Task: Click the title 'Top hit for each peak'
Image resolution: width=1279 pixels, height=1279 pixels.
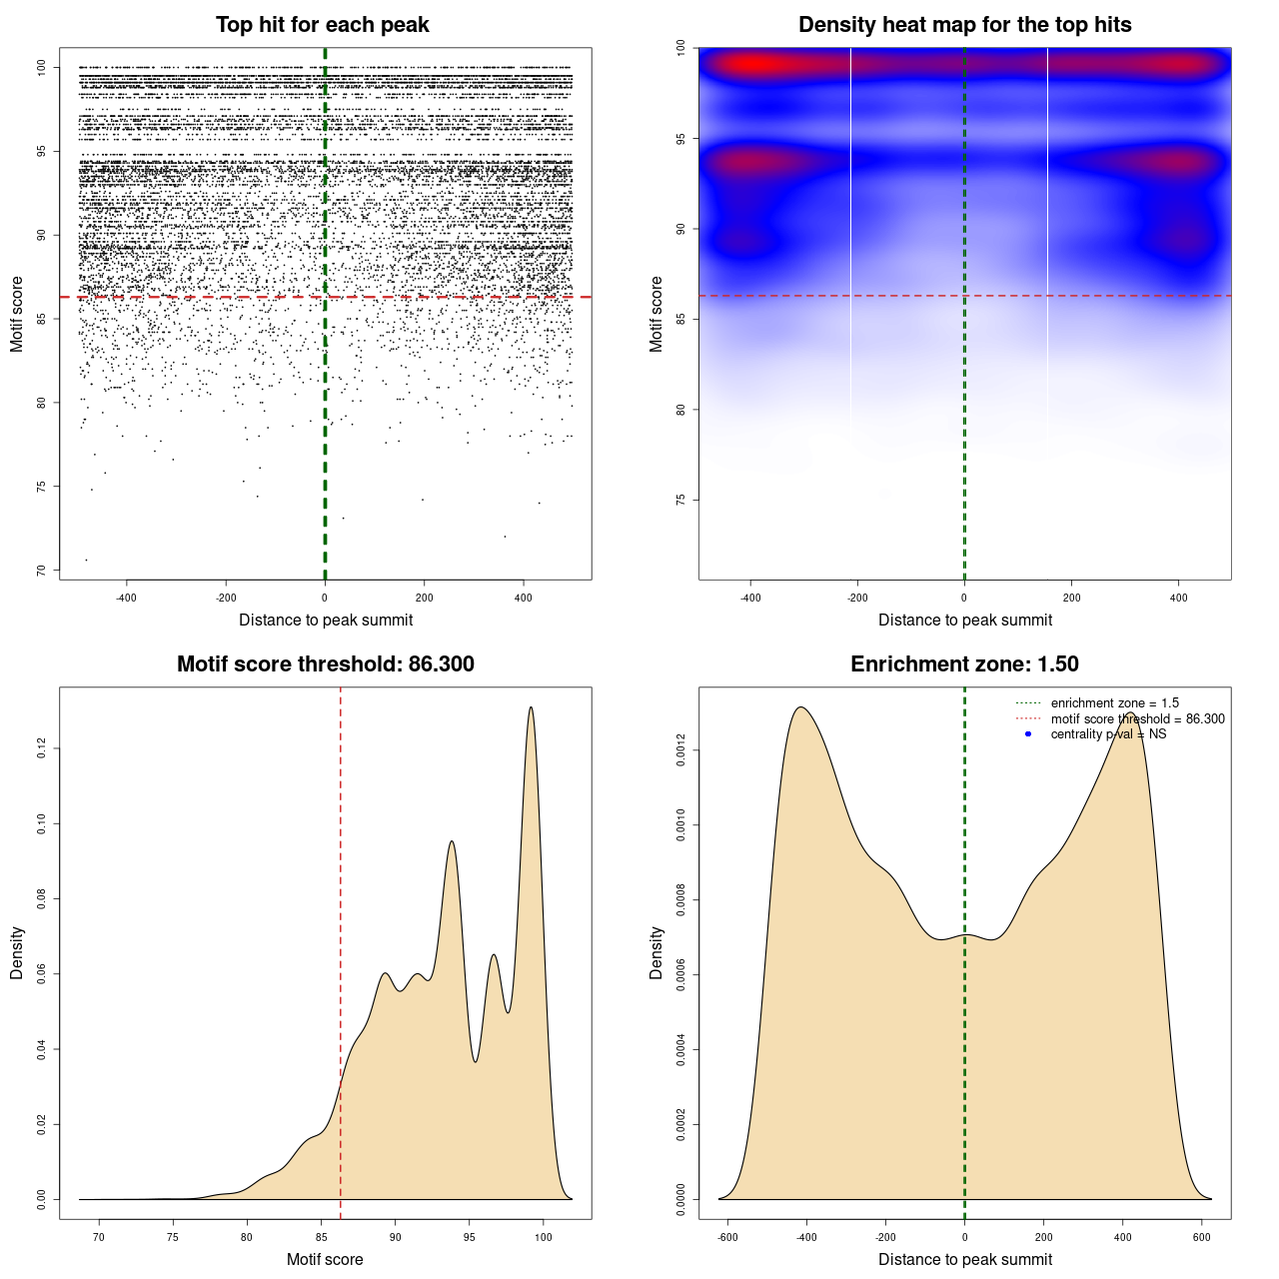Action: tap(323, 25)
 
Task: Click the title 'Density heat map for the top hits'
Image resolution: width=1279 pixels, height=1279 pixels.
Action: tap(964, 25)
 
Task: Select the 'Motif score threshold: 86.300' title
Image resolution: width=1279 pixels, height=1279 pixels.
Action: tap(325, 664)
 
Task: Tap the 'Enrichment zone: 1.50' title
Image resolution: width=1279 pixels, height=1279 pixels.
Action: tap(964, 664)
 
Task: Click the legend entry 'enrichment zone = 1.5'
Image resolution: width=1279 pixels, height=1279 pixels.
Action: tap(1114, 703)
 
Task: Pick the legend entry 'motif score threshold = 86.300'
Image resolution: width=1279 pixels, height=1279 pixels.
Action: tap(1137, 719)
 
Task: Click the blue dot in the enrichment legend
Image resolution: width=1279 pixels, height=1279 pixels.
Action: tap(1028, 734)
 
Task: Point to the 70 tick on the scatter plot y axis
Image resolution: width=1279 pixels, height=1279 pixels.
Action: tap(41, 571)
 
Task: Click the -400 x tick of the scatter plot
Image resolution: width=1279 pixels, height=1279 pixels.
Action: tap(126, 598)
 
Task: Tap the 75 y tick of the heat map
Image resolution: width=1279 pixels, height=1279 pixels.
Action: tap(680, 500)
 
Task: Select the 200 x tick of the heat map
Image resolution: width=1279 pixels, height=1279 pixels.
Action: tap(1071, 598)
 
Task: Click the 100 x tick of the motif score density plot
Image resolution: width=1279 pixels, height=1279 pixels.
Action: tap(544, 1237)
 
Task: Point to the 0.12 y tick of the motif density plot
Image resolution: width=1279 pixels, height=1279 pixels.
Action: tap(41, 748)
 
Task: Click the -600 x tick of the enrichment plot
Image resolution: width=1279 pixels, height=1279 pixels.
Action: tap(727, 1237)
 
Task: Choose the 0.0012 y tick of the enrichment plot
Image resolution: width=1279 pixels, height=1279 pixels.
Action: tap(680, 750)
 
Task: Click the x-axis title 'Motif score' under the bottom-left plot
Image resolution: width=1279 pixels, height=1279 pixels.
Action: tap(325, 1259)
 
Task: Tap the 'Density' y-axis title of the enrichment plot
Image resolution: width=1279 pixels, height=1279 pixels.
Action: tap(656, 952)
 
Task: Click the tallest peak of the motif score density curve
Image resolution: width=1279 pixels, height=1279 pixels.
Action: tap(531, 707)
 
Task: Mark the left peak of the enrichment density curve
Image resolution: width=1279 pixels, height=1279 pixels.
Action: tap(800, 707)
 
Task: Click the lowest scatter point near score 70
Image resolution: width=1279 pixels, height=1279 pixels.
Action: tap(86, 560)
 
